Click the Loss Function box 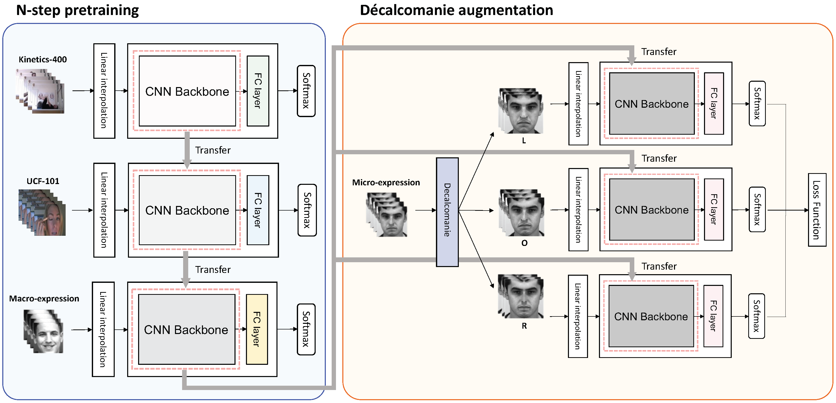[x=817, y=210]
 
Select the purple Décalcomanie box [x=447, y=212]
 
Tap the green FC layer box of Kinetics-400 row [x=258, y=91]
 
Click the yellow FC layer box [x=257, y=329]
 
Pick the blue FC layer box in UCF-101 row [x=258, y=210]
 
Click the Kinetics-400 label [x=42, y=59]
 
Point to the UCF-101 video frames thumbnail [x=42, y=213]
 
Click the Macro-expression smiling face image [x=44, y=331]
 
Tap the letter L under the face [x=524, y=141]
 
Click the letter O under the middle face [x=524, y=243]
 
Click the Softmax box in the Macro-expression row [x=306, y=329]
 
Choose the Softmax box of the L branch [x=757, y=104]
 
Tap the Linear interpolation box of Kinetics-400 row [x=104, y=91]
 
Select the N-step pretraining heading [x=77, y=10]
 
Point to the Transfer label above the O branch [x=659, y=158]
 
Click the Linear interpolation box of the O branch [x=578, y=210]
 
